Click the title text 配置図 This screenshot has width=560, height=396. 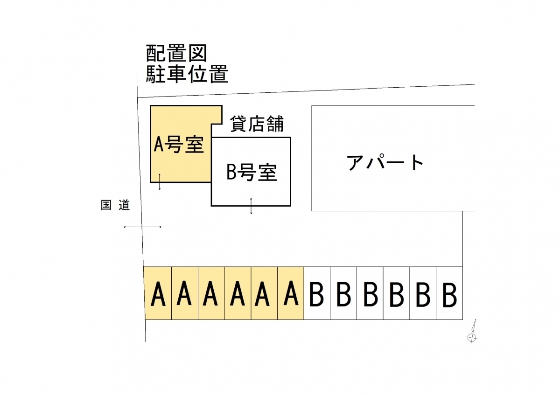click(176, 54)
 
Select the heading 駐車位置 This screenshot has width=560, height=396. click(187, 74)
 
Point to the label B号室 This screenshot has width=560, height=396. click(252, 173)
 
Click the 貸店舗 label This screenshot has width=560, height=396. click(257, 125)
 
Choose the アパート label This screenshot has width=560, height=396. click(385, 163)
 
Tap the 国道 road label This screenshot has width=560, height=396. click(115, 205)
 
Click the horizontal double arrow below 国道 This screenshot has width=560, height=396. click(142, 227)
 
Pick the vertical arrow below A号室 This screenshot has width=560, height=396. click(160, 181)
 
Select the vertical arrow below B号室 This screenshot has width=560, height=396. click(251, 206)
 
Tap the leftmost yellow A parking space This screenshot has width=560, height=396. click(158, 293)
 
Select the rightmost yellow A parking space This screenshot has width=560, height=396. click(291, 293)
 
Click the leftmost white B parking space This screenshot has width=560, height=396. click(317, 293)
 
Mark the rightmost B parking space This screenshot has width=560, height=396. click(449, 293)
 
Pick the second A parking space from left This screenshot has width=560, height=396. click(185, 293)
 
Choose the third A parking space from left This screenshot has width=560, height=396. click(211, 293)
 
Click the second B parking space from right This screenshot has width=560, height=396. click(423, 293)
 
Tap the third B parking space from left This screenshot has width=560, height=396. click(370, 293)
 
